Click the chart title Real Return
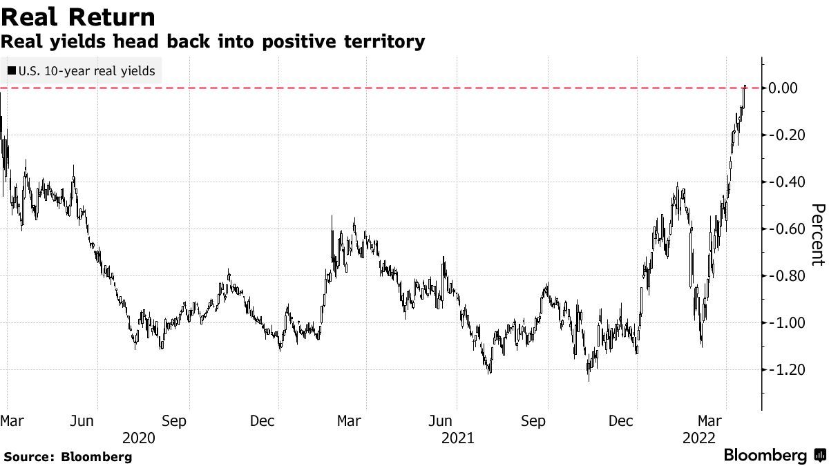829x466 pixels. (x=77, y=16)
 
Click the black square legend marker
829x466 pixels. (x=11, y=70)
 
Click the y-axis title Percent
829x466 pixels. (x=818, y=235)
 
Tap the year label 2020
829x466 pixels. (x=138, y=438)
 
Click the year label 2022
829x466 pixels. (x=699, y=438)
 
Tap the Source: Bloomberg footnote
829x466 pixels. (x=68, y=456)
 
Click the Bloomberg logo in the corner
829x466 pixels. (x=774, y=456)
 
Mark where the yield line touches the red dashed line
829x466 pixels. (x=745, y=88)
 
